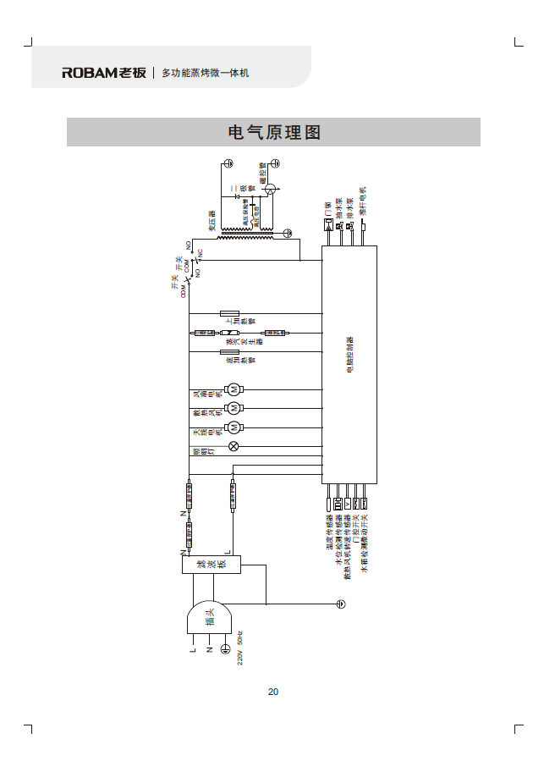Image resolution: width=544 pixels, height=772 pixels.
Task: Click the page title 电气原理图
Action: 273,133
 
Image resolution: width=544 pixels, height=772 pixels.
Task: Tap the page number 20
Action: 273,692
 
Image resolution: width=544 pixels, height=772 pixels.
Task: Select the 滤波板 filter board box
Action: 212,565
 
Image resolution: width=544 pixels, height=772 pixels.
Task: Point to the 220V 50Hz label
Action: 240,648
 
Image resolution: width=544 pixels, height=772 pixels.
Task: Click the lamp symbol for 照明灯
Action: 234,446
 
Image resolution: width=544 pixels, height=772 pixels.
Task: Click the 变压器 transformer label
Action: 212,221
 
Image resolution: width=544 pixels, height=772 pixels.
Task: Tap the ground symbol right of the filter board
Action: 340,604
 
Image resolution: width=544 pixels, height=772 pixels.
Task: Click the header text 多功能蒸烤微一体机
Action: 205,74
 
